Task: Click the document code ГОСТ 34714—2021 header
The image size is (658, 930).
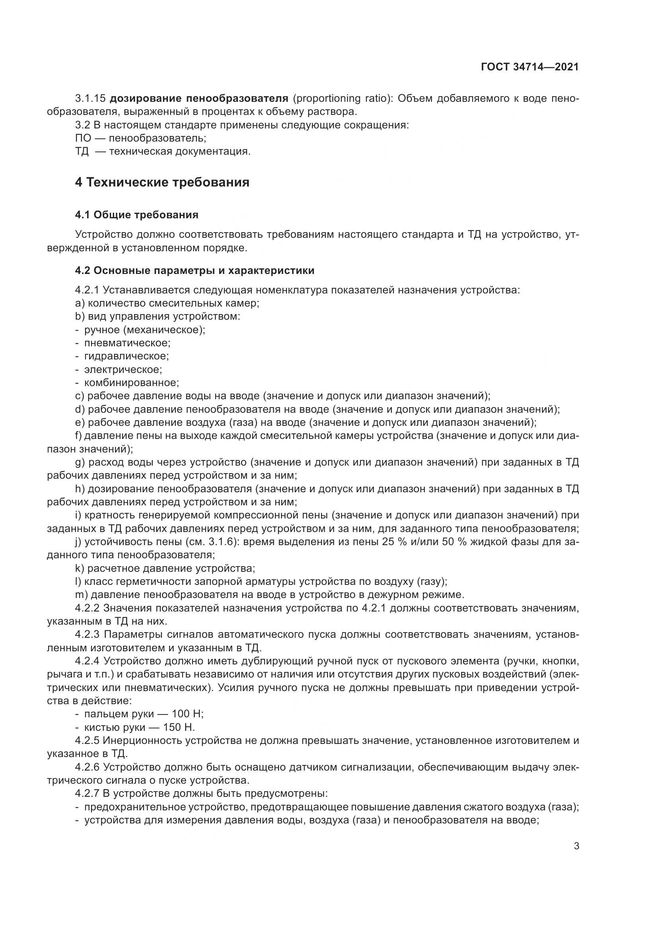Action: point(530,67)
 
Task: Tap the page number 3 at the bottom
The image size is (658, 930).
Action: point(576,846)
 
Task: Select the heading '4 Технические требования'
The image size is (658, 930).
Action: point(162,182)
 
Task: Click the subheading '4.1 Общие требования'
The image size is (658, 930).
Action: point(136,215)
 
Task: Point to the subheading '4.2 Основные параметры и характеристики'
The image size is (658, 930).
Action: point(195,271)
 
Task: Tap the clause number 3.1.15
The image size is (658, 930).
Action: point(90,98)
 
